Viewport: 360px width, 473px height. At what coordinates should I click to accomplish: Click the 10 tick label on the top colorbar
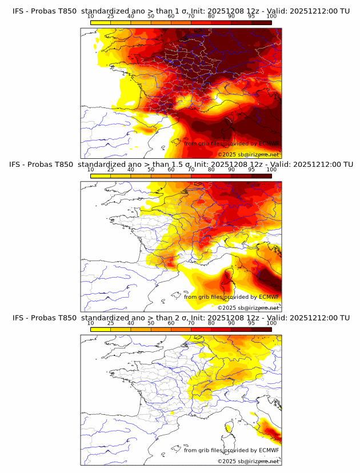(x=90, y=16)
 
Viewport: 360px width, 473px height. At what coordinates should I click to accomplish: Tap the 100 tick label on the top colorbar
(x=271, y=16)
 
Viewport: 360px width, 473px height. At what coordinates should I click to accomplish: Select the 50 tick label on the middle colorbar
(x=151, y=170)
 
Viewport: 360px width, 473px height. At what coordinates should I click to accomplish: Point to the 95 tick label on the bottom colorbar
(x=251, y=323)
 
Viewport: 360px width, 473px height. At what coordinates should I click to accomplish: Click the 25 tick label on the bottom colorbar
(x=110, y=323)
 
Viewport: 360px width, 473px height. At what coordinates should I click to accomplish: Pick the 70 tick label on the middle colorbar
(x=191, y=170)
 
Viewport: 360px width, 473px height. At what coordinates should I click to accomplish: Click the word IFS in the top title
(x=18, y=11)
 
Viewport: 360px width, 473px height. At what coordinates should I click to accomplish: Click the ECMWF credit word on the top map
(x=269, y=143)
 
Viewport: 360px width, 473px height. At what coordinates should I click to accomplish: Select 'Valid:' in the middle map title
(x=281, y=165)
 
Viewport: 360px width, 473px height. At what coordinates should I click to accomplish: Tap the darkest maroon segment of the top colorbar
(x=262, y=22)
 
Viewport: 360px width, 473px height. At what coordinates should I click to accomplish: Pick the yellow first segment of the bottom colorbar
(x=101, y=329)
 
